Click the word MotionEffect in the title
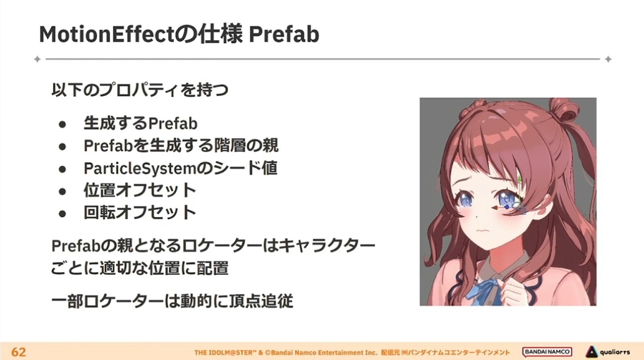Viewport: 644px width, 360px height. [x=107, y=34]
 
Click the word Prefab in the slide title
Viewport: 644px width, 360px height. [x=284, y=34]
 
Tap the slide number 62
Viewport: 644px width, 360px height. [x=18, y=352]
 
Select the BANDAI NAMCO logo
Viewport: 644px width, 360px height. [x=547, y=352]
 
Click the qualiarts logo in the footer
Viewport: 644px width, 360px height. [x=607, y=352]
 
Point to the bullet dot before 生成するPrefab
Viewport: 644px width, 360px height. [x=62, y=124]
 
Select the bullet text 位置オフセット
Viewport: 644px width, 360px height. [x=140, y=190]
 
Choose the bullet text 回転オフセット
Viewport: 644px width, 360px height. [x=140, y=212]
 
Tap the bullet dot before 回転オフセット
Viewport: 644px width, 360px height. [x=62, y=214]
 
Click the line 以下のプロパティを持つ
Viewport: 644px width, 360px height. [x=140, y=90]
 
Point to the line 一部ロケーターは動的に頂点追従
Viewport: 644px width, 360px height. [x=172, y=301]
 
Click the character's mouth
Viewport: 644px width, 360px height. [x=485, y=231]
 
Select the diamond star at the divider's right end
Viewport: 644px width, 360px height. [x=608, y=59]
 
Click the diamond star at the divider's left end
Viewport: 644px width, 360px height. [x=37, y=59]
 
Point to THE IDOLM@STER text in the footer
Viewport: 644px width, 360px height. [x=225, y=353]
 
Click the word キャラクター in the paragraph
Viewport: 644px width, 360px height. [x=327, y=246]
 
